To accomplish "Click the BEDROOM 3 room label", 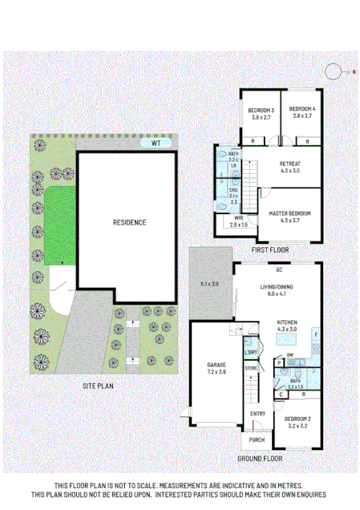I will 261,110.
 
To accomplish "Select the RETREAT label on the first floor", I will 289,164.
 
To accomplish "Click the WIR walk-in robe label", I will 238,217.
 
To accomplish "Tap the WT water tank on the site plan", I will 157,144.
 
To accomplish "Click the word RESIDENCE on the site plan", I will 128,222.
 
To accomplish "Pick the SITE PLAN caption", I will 99,387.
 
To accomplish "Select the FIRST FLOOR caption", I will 269,250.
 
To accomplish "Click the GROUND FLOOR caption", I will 259,459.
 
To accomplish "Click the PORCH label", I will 257,439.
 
